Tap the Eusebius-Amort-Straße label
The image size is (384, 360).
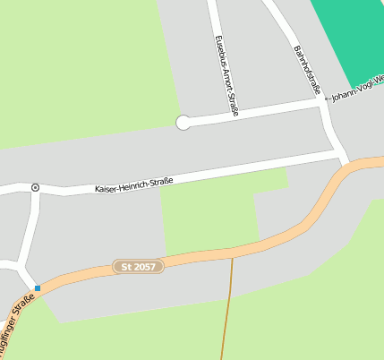click(x=226, y=76)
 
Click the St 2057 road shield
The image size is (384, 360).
click(x=139, y=267)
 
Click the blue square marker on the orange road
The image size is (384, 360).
click(x=38, y=288)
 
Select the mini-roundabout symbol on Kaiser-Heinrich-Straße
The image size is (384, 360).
click(x=35, y=187)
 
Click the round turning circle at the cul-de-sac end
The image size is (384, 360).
click(x=183, y=123)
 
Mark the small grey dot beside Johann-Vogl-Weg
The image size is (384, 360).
click(x=326, y=98)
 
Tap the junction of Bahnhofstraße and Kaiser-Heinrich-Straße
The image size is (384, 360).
click(x=339, y=153)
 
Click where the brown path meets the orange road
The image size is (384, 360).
click(x=232, y=253)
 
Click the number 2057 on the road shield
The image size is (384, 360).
click(x=145, y=267)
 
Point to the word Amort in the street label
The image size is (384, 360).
click(x=226, y=78)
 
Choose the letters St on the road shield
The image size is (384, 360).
click(x=125, y=268)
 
